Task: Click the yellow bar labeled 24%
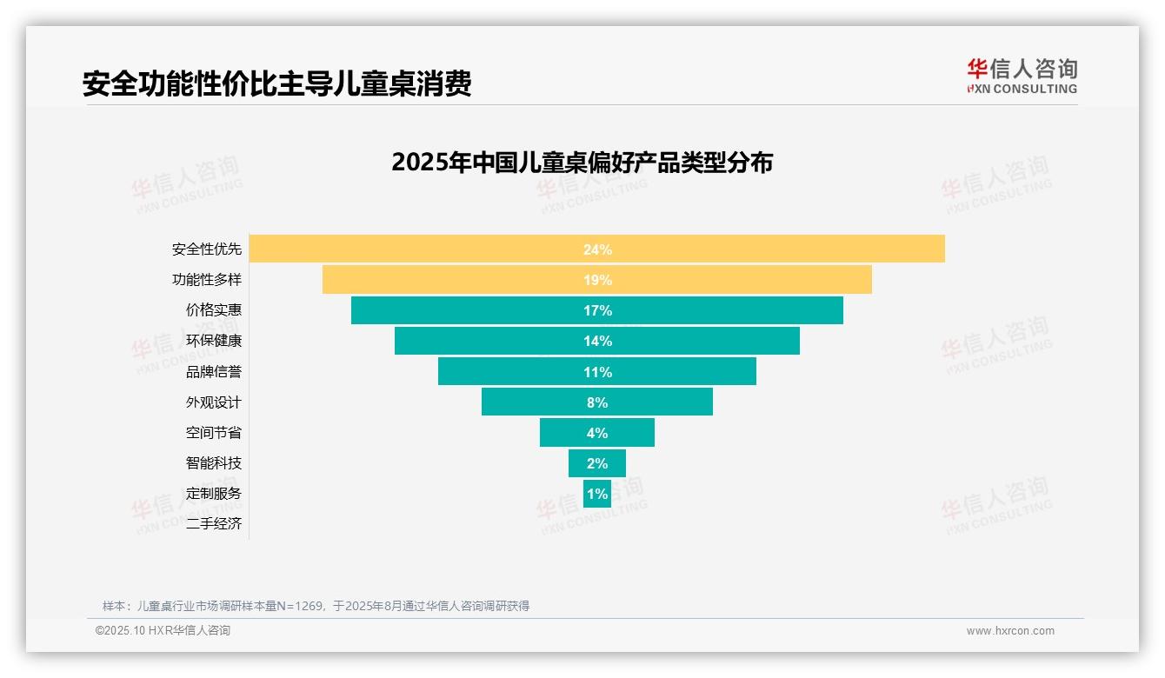597,249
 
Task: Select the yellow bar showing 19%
597,280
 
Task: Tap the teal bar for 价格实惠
597,310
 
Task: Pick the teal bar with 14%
597,341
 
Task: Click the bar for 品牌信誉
597,372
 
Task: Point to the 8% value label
597,402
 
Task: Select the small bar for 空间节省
597,433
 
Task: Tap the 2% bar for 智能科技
597,463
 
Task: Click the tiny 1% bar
597,494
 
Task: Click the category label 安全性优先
207,249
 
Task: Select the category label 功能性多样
207,280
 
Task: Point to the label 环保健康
214,341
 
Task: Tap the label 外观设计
214,402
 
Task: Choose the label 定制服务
214,493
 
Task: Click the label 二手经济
214,524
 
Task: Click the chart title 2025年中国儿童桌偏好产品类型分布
582,163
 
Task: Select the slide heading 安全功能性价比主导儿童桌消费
276,84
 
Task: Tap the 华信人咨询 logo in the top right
1022,76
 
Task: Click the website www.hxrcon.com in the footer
1010,631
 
